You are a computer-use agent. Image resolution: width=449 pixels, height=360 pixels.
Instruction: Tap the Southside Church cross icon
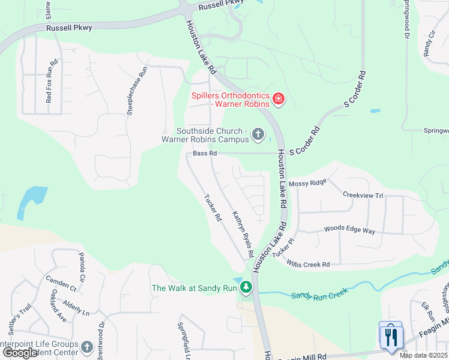258,134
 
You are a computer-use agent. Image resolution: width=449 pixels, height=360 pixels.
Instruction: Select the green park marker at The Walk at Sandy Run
246,288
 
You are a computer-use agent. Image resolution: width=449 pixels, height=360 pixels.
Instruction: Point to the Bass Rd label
205,154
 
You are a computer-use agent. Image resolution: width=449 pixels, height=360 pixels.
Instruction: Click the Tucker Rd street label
213,208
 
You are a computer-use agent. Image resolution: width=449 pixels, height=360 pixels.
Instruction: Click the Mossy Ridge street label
307,182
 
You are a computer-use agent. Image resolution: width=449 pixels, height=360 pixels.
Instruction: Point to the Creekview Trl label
363,196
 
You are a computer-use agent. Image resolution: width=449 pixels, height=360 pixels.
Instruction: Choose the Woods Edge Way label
349,230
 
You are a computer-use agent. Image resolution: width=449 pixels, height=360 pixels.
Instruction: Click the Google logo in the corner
19,353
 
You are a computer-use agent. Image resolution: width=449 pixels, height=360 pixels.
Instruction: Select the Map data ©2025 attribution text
423,355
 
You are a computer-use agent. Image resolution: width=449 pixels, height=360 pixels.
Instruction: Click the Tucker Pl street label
284,248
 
